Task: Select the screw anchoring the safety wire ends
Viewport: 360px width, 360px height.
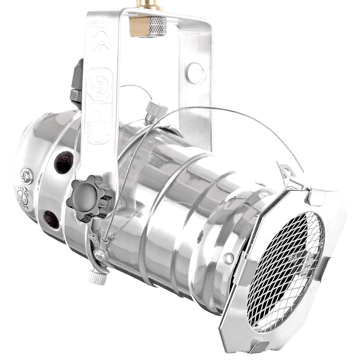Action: [99, 254]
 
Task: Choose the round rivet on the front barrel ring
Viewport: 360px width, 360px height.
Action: [228, 256]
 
